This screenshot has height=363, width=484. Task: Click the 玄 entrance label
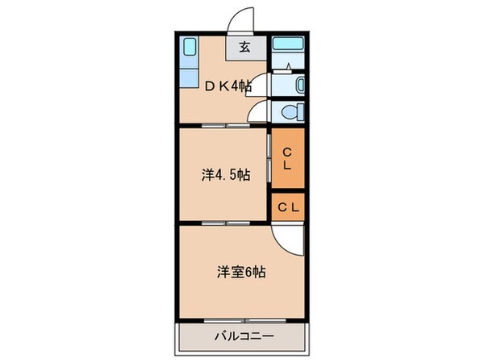[244, 47]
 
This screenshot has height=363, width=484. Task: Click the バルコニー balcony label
[243, 336]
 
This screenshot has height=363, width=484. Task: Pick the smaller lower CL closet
[288, 207]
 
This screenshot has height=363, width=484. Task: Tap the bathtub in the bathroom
[286, 45]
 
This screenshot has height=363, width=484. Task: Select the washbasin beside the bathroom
[299, 84]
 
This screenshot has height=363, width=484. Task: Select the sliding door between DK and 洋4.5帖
[226, 126]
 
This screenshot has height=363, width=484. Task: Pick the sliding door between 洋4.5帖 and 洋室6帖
[226, 222]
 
